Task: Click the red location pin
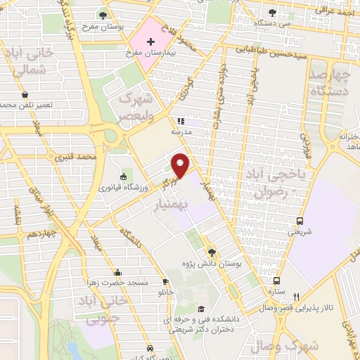[x=181, y=165]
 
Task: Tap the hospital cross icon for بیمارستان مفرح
[x=150, y=41]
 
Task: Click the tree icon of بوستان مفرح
[x=103, y=15]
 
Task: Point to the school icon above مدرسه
[x=180, y=121]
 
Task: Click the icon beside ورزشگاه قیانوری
[x=124, y=176]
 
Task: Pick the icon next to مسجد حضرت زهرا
[x=117, y=273]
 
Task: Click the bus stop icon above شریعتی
[x=300, y=221]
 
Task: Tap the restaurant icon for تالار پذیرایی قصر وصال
[x=296, y=297]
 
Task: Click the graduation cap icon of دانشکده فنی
[x=201, y=309]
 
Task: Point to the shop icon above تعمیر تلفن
[x=25, y=94]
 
